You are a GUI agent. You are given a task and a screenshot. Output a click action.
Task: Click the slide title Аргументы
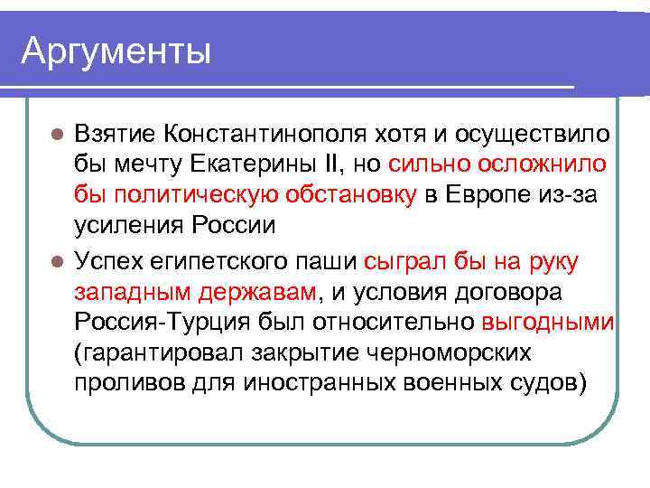(116, 51)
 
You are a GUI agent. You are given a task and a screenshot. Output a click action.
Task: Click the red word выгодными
(548, 323)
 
